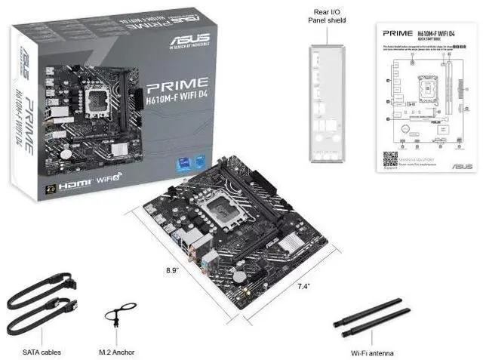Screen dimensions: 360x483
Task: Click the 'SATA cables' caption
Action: pos(42,352)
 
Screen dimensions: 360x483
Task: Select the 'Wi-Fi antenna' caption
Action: pos(371,352)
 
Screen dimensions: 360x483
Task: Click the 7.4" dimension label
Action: pos(303,286)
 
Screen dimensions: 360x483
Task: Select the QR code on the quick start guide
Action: pos(390,159)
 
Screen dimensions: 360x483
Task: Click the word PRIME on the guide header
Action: pos(398,34)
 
